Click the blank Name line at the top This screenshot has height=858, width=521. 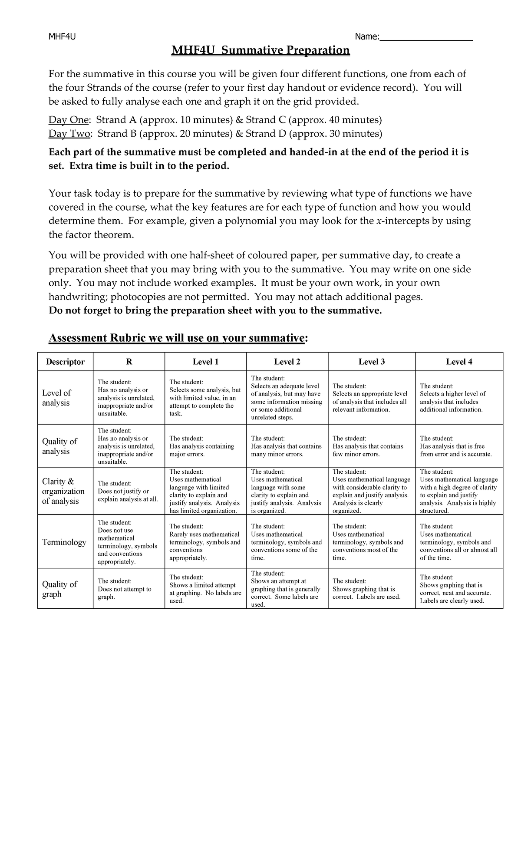[x=426, y=38]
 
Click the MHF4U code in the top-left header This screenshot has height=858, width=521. [x=62, y=36]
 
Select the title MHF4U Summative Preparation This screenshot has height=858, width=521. [x=260, y=51]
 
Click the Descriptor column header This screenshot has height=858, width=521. [x=65, y=362]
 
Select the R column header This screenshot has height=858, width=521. [x=129, y=362]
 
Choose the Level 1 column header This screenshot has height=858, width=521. [x=205, y=362]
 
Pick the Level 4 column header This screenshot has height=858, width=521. [x=459, y=362]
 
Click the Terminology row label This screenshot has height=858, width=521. [x=64, y=542]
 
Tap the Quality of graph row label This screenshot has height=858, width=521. [x=59, y=589]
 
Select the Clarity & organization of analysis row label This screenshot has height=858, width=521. [x=63, y=491]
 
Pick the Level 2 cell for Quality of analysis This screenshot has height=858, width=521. [x=287, y=446]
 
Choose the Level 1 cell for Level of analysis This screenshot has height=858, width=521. [x=205, y=398]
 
